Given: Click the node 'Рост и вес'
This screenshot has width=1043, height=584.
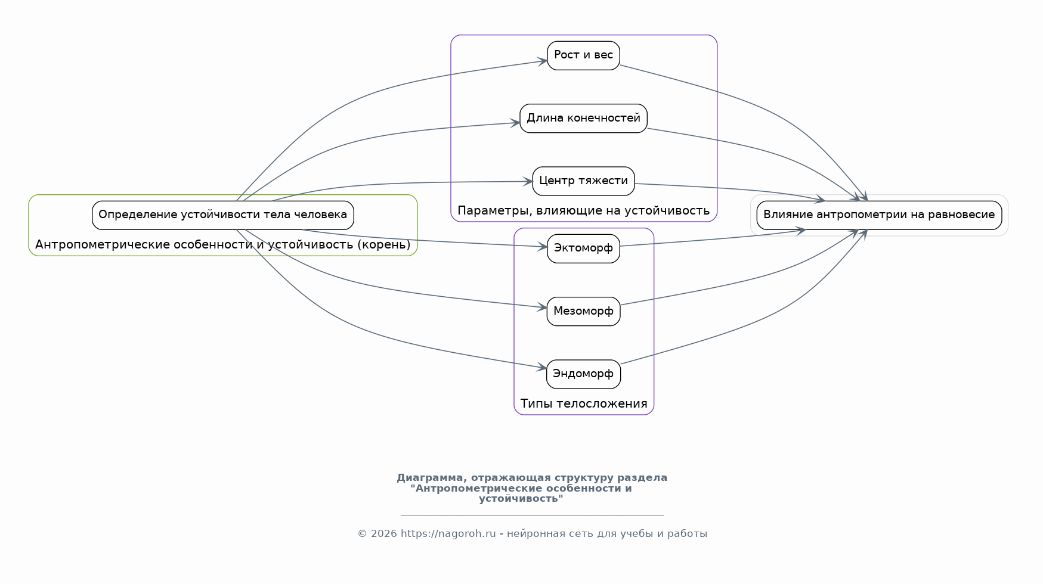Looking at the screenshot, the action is [583, 55].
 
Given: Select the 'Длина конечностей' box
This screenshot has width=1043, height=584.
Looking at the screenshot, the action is [583, 118].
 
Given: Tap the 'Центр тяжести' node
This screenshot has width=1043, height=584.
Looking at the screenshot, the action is [583, 181].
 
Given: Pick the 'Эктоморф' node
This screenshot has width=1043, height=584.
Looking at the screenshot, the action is [583, 248].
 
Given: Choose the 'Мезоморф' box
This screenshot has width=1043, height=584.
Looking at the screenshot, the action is [583, 311].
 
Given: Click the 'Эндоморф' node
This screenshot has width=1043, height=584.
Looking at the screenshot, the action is [583, 374].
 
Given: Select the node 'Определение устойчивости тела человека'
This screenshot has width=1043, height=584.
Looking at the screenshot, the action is [223, 215].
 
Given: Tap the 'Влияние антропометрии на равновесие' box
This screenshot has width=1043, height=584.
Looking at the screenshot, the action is [879, 215].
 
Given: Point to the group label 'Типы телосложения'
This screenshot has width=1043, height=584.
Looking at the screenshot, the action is [584, 403].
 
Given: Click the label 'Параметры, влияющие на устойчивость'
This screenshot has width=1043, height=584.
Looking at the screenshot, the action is [583, 210].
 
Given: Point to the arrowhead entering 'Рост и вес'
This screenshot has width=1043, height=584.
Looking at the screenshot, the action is [543, 60].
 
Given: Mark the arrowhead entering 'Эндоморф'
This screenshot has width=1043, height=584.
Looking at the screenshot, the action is [541, 368].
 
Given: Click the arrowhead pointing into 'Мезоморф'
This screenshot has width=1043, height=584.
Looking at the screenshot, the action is [542, 307].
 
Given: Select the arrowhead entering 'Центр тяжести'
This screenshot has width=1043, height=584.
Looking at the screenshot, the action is [528, 181].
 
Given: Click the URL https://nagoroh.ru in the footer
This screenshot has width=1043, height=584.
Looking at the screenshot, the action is [448, 534].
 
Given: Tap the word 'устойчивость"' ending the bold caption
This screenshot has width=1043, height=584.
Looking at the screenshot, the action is [521, 499].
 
